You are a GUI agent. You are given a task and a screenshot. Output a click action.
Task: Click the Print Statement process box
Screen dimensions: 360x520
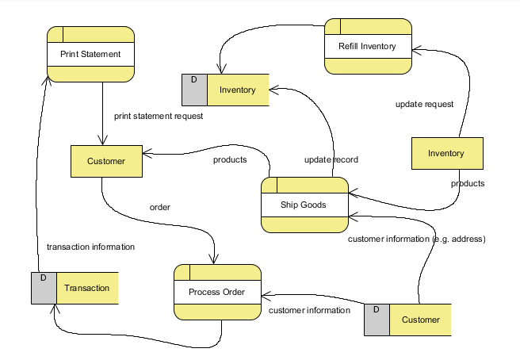(x=90, y=55)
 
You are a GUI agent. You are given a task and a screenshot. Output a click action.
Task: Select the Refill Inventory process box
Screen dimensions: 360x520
(x=368, y=47)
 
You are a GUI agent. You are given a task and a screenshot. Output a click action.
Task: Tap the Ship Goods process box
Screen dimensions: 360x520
(x=304, y=205)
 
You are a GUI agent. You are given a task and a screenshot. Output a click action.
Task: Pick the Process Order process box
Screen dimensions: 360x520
(x=217, y=292)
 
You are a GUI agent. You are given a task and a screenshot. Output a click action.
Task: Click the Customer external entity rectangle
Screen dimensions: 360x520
(x=106, y=162)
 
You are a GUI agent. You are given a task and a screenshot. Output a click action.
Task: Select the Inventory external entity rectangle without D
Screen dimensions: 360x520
(x=445, y=153)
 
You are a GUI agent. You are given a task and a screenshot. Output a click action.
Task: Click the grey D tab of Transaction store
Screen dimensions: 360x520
(x=44, y=288)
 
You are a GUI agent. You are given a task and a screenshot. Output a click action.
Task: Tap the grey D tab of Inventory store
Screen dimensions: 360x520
(x=194, y=90)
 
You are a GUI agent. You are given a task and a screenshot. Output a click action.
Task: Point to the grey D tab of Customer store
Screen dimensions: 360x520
(x=377, y=320)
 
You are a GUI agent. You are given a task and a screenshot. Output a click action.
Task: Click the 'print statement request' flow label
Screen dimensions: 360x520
(x=159, y=116)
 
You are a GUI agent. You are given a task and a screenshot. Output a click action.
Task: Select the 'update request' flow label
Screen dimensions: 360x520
(x=424, y=104)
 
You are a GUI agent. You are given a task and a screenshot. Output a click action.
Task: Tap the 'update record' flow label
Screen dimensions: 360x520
(x=331, y=159)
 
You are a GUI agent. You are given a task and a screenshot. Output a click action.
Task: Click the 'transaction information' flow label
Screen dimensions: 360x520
(x=90, y=247)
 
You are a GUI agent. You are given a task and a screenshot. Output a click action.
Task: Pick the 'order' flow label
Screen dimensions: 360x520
(x=160, y=208)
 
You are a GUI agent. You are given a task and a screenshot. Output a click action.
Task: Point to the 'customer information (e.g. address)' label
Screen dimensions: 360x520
(x=417, y=239)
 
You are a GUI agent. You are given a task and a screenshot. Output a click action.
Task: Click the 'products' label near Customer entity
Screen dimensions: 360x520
(x=230, y=159)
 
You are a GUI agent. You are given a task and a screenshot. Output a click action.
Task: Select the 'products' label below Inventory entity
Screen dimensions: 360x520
(x=468, y=183)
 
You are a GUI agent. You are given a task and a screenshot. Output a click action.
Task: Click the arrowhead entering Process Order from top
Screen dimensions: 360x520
(x=213, y=259)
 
